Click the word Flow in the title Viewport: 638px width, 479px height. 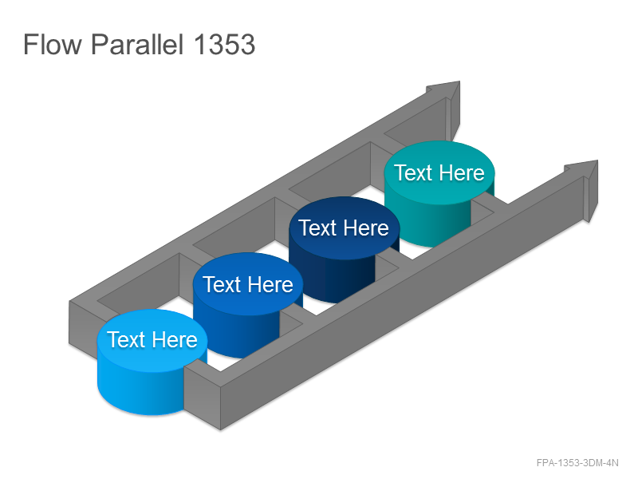pos(53,45)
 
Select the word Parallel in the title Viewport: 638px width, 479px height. pos(137,45)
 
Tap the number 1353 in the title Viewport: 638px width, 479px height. pos(225,45)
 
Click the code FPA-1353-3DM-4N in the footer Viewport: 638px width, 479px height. pos(577,463)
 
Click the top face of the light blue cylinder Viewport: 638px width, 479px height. pos(152,340)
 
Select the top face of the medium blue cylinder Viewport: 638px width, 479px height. pos(248,284)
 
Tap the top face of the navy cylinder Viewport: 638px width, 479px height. pos(345,228)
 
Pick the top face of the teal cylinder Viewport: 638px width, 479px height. pos(439,172)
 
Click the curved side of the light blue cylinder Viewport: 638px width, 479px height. pos(140,392)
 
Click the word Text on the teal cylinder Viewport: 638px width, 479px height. pos(413,172)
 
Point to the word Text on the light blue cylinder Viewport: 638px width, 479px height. pos(126,340)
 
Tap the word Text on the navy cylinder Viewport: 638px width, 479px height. pos(317,228)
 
